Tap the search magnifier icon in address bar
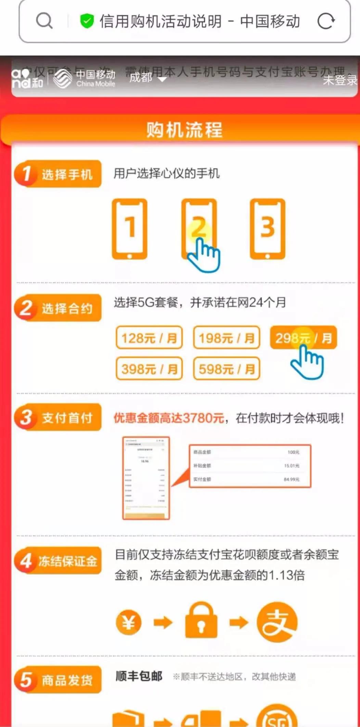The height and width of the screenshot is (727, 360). tap(44, 21)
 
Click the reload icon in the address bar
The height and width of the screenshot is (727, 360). tap(326, 21)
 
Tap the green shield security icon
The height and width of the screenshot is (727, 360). tap(87, 21)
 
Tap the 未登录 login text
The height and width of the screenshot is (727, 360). tap(340, 80)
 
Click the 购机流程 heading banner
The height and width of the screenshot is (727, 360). tap(184, 130)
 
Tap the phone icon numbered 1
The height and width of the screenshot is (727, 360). tap(130, 229)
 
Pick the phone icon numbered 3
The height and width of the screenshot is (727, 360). tap(267, 229)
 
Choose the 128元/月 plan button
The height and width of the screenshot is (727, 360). tap(149, 338)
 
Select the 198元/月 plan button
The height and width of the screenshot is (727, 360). tap(227, 338)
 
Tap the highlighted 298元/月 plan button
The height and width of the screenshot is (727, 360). tap(303, 338)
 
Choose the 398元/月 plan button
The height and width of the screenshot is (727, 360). tap(149, 369)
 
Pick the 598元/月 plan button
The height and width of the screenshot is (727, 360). tap(227, 369)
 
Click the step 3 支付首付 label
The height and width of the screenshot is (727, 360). tap(58, 417)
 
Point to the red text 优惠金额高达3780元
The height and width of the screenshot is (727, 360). tap(169, 418)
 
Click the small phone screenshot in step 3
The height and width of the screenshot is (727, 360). tap(146, 478)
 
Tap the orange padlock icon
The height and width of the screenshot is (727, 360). tap(201, 620)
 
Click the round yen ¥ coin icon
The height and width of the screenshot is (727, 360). tap(129, 622)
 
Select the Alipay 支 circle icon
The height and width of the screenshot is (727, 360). tap(277, 622)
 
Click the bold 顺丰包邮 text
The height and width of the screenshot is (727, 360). tap(139, 676)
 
